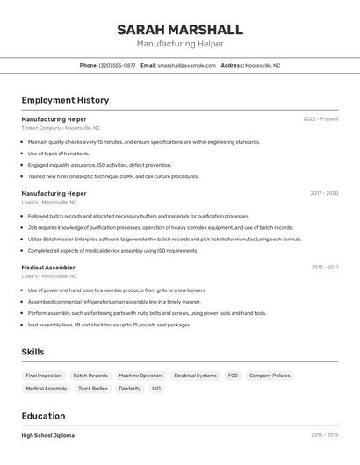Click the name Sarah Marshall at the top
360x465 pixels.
[180, 29]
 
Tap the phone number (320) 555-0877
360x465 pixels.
[117, 65]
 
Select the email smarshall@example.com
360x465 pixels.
[186, 65]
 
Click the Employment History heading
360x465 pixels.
[65, 100]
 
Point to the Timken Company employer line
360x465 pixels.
[61, 128]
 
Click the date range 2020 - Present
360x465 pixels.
[320, 119]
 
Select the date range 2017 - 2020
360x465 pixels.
[324, 193]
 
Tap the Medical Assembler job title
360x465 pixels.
[48, 267]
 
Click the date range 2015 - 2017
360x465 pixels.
[324, 267]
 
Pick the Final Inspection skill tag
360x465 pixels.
[44, 376]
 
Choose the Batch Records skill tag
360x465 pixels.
[90, 376]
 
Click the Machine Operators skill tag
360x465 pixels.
[140, 376]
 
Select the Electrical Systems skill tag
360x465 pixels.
[195, 376]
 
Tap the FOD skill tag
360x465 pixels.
[233, 376]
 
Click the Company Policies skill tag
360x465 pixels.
[270, 376]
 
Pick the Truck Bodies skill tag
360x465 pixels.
[93, 388]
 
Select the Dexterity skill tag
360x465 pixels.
[130, 388]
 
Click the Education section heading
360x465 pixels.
[43, 416]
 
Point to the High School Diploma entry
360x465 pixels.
[48, 435]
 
